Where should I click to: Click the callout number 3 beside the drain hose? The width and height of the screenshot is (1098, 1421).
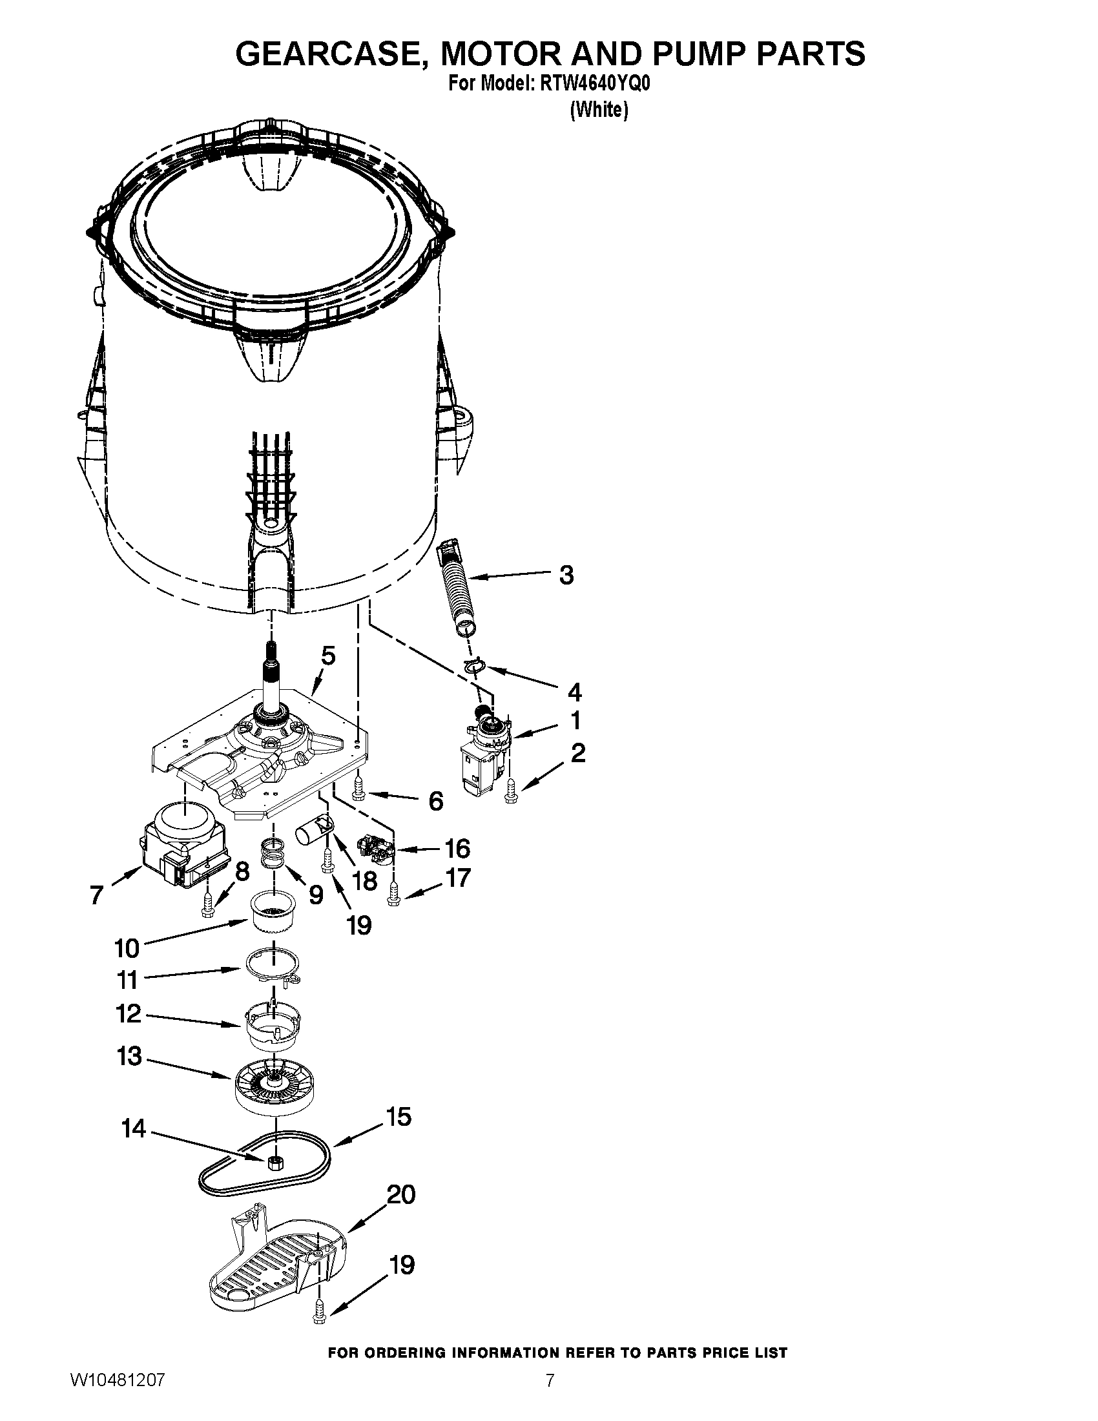click(x=566, y=575)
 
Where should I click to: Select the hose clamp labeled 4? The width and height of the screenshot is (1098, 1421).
click(x=475, y=665)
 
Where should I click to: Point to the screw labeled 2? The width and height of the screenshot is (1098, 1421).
click(x=510, y=790)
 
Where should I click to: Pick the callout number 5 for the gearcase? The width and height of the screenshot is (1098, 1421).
click(x=329, y=656)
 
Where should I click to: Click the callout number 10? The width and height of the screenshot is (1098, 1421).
click(x=127, y=948)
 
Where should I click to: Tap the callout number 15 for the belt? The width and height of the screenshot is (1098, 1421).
click(x=399, y=1117)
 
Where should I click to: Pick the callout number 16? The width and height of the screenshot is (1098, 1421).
click(x=457, y=849)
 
